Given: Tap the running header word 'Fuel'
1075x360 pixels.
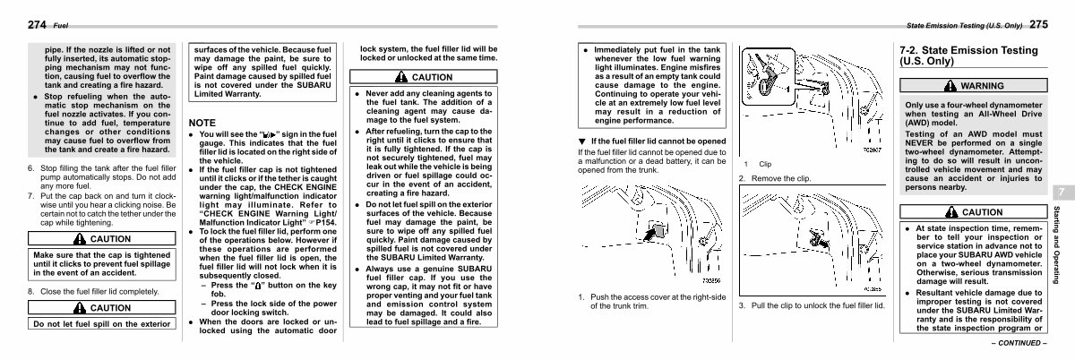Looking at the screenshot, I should click(x=61, y=26).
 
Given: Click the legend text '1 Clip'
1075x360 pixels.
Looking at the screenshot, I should click(x=759, y=164).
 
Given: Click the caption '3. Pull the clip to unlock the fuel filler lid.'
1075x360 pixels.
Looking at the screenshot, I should click(x=811, y=306).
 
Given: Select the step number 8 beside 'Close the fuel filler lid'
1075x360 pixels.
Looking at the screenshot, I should click(x=31, y=292).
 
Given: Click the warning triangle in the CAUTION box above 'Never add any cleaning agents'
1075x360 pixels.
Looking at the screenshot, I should click(x=404, y=77).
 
